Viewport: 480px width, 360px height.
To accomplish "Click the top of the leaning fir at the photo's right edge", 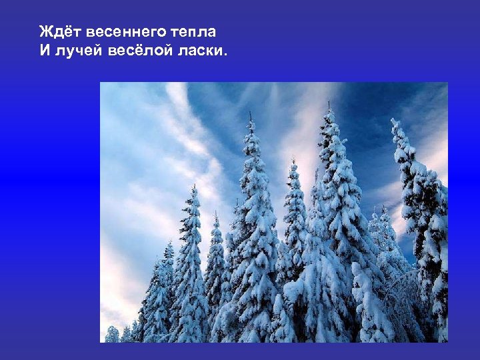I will click(395, 122).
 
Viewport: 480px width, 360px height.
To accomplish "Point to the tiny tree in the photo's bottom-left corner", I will click(111, 333).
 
